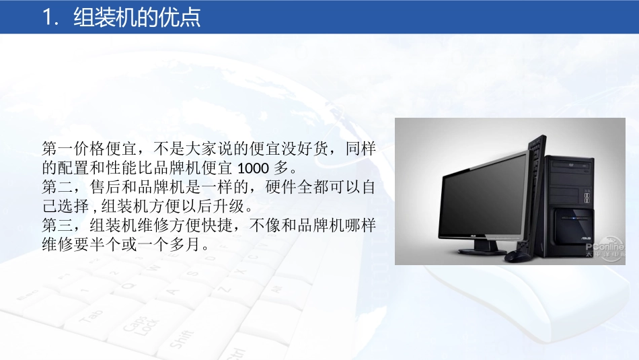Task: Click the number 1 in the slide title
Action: coord(47,17)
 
